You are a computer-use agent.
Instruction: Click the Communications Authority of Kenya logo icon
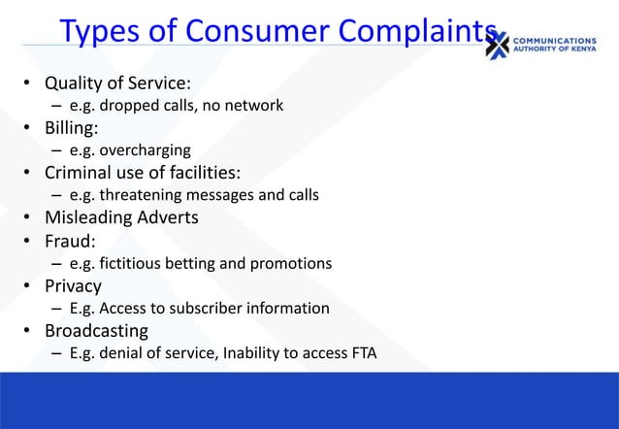pyautogui.click(x=497, y=45)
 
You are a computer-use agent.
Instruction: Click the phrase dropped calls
pyautogui.click(x=142, y=105)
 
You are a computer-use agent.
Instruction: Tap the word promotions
pyautogui.click(x=291, y=263)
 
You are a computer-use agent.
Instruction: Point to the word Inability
pyautogui.click(x=253, y=353)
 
